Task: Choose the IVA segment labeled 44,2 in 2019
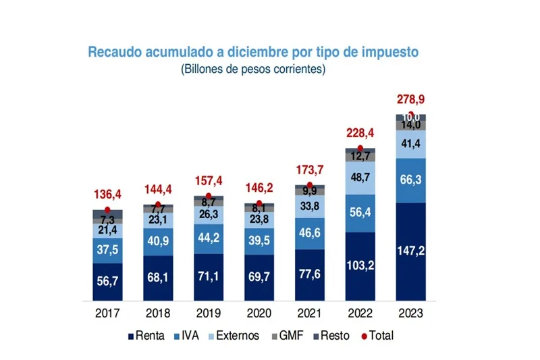[209, 238]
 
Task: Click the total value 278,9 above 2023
[410, 100]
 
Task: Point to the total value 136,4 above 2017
[108, 195]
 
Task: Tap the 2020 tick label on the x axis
[259, 313]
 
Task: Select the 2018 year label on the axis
[158, 313]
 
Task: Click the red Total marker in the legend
[364, 336]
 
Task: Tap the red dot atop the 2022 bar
[360, 148]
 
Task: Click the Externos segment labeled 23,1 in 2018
[158, 220]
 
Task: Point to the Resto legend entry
[330, 336]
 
